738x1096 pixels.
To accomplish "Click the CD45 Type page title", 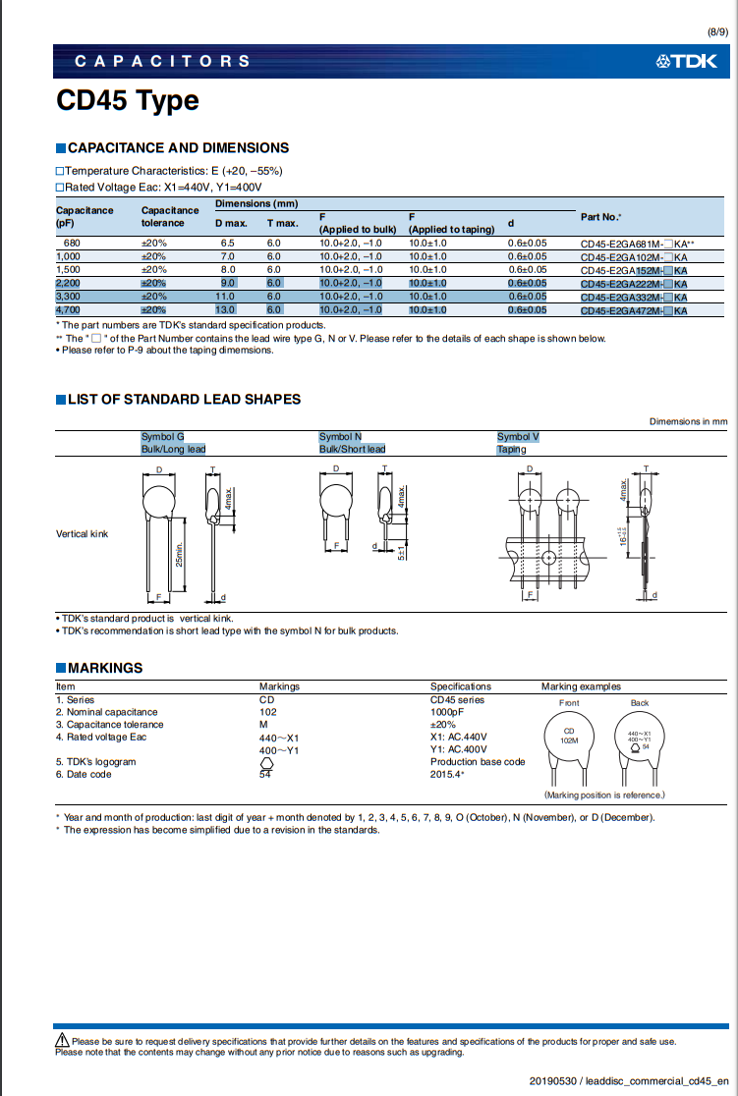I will [127, 101].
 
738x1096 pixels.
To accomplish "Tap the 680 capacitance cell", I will [71, 244].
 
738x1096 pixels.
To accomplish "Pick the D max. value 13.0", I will [225, 310].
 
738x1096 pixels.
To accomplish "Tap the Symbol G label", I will [163, 436].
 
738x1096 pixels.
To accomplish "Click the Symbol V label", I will [518, 436].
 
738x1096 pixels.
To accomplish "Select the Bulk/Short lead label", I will [352, 449].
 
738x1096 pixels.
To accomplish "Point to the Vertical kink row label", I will [83, 534].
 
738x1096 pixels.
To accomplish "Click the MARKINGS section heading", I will [104, 668].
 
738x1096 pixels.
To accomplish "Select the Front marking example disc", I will [569, 737].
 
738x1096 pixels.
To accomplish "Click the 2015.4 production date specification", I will [447, 774].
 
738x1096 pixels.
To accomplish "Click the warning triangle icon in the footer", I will [62, 1041].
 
